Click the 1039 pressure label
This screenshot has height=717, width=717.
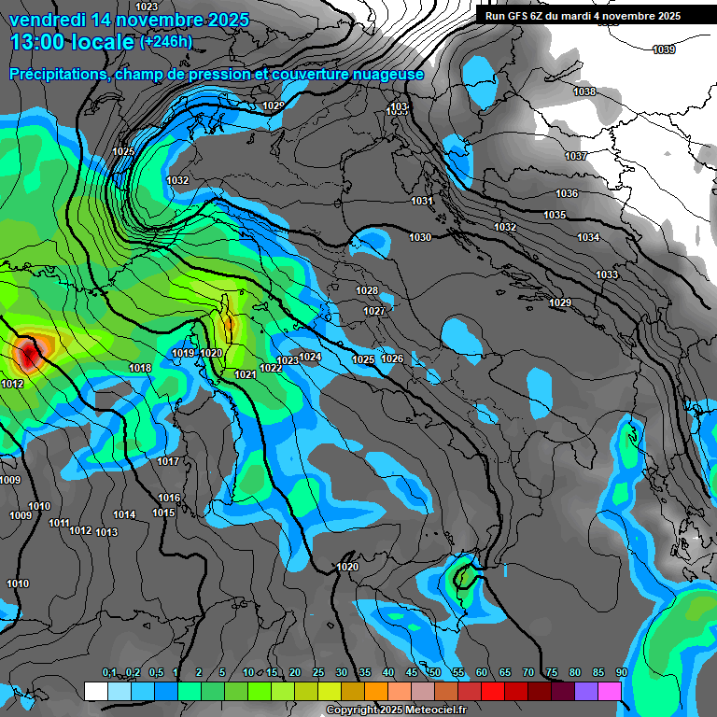pos(664,49)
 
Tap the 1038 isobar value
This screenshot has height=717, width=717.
pos(584,91)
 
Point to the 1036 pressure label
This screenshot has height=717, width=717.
pos(567,193)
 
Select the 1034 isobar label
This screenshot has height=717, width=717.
pos(588,238)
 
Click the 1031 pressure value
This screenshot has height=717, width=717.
pos(422,202)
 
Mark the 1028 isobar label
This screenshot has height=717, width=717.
pos(367,291)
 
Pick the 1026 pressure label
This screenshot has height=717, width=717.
pos(392,359)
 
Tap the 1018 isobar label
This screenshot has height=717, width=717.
pos(140,369)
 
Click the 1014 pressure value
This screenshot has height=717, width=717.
pos(124,515)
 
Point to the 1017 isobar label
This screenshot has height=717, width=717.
pos(168,462)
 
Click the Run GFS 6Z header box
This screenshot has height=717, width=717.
pos(583,16)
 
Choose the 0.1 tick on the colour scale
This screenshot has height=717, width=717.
pos(109,673)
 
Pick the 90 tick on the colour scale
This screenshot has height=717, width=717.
pos(621,673)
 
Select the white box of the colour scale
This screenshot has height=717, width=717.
pos(95,691)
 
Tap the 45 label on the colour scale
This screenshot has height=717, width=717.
pos(412,673)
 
